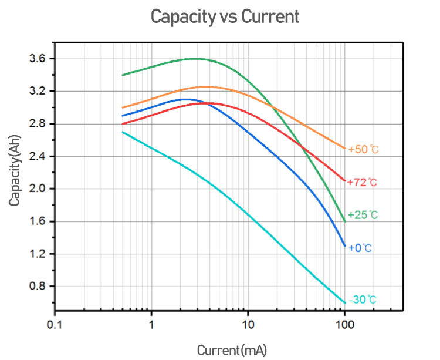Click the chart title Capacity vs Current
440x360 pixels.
pos(225,16)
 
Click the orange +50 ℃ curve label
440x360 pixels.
pos(363,150)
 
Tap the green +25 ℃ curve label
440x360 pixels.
pos(363,215)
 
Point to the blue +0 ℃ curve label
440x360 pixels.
pos(360,248)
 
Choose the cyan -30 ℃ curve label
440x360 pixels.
pos(363,300)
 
